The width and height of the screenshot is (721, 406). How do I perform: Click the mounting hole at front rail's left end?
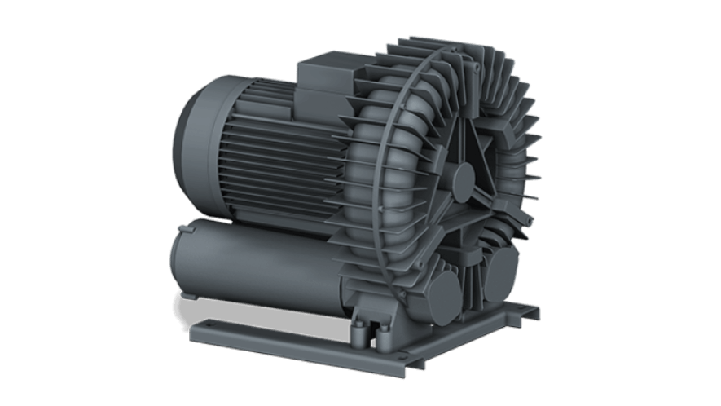point(202,333)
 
